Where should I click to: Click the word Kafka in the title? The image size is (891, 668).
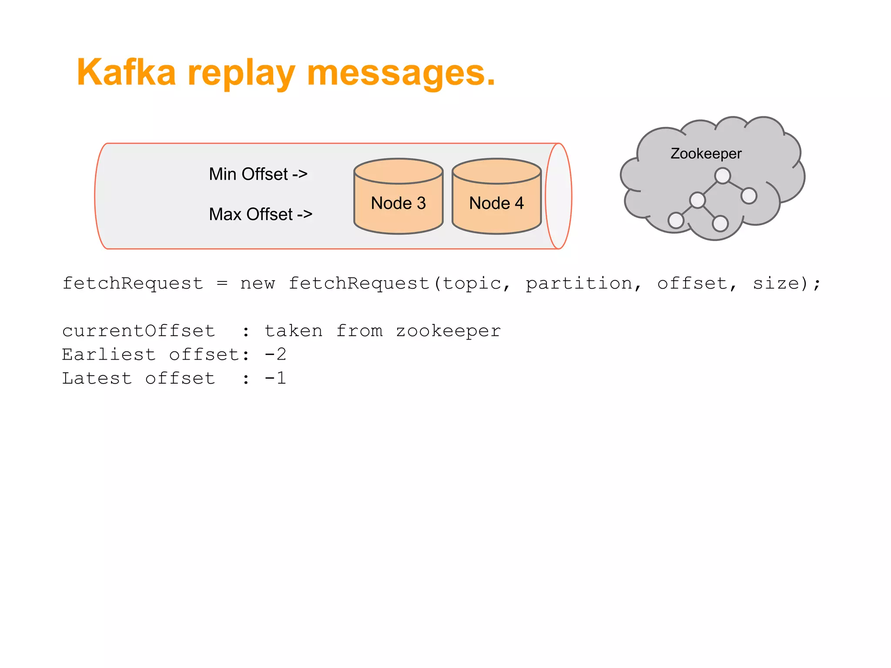126,72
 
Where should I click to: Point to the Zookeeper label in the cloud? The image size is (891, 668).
706,154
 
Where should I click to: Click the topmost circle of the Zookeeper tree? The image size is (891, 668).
722,176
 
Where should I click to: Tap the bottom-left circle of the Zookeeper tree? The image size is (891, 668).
676,220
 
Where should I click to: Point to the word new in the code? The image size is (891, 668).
258,284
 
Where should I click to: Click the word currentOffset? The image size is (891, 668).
138,331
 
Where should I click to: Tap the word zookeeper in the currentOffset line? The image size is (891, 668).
448,331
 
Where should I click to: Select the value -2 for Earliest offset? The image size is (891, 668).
275,354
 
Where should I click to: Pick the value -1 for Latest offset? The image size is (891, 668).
275,378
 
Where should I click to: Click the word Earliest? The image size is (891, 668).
109,354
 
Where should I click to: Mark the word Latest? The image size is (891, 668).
97,378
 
